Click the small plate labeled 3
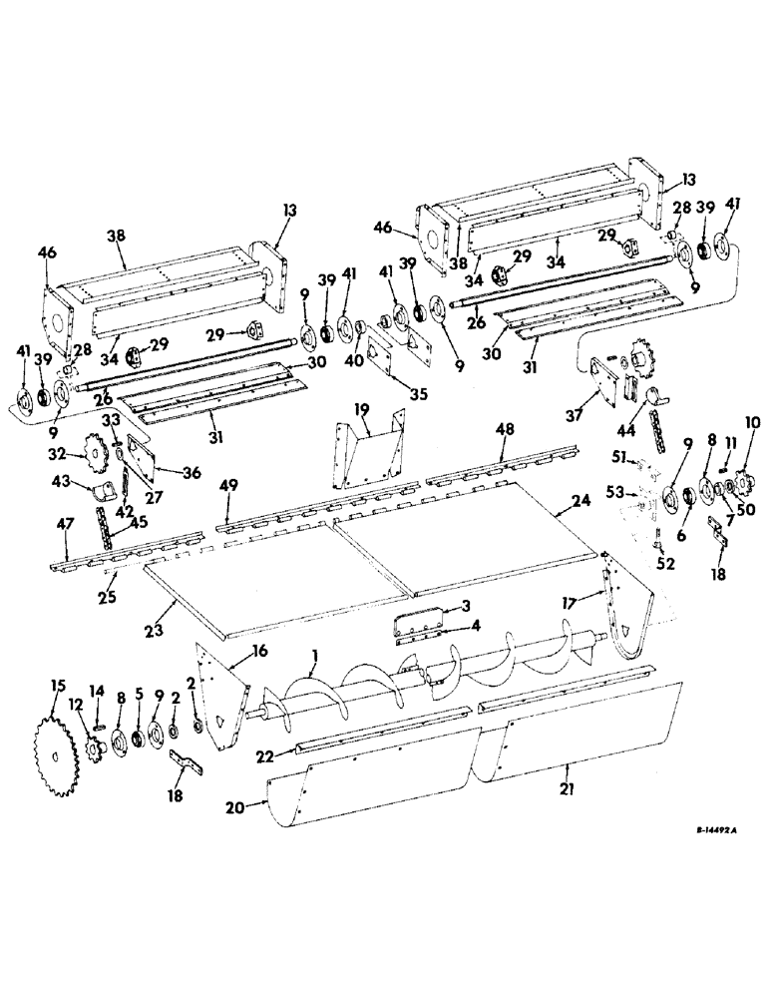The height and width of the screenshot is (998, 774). click(x=415, y=621)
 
